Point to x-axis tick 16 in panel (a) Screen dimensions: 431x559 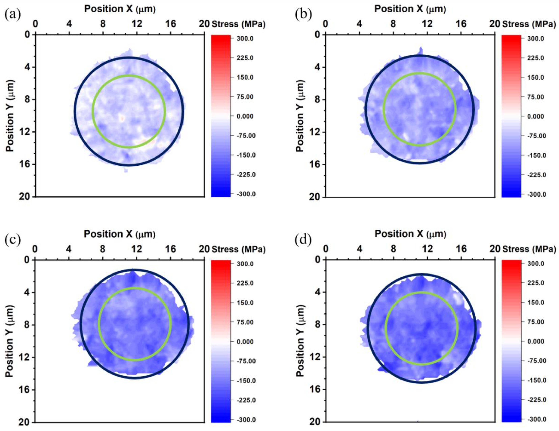pos(171,24)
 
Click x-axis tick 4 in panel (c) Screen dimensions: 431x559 pos(69,249)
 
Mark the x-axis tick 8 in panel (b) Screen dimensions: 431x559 pos(393,24)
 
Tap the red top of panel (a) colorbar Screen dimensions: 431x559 pos(221,38)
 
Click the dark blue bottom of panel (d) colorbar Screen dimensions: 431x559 pos(511,419)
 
